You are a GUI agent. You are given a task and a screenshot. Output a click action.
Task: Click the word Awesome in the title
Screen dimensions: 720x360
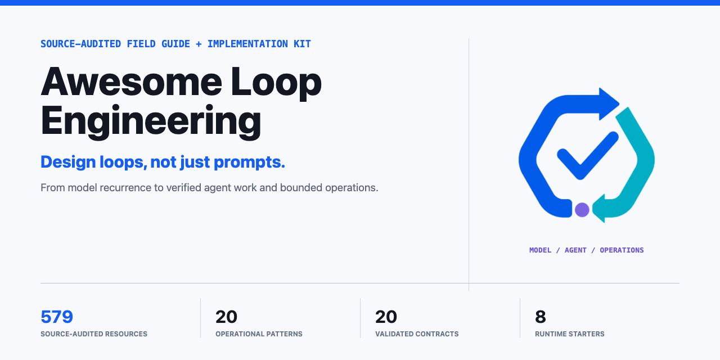pos(131,82)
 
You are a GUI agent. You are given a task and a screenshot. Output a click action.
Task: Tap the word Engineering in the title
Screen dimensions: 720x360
pos(151,122)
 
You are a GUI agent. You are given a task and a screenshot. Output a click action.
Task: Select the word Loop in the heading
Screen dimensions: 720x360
pos(276,83)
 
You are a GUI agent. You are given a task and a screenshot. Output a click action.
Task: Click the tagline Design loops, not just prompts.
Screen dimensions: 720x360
pos(163,162)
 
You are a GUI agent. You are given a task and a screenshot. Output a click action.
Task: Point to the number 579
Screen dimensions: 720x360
pos(57,317)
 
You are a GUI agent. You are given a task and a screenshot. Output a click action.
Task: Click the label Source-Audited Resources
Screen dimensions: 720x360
pos(94,334)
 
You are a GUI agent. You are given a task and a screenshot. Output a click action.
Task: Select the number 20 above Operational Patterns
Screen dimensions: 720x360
pos(226,317)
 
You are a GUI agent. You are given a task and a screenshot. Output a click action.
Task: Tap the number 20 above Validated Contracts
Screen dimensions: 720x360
pos(386,317)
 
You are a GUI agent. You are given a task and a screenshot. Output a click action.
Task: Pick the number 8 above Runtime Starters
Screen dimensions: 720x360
pos(541,317)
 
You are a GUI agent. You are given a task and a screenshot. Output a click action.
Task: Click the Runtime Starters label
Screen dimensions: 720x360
pos(570,334)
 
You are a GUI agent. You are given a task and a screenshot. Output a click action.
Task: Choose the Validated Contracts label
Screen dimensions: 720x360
pos(417,334)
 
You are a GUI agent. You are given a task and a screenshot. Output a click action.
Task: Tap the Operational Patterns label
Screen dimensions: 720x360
pos(259,334)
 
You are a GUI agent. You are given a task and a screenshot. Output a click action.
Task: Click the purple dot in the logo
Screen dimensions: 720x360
pos(582,210)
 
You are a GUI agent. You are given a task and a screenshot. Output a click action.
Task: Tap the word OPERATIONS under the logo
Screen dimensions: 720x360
pos(622,250)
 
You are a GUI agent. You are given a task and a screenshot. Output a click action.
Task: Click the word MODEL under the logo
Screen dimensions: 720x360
pos(541,250)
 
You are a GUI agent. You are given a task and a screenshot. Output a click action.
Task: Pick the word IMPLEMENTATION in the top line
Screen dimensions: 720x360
pos(247,44)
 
